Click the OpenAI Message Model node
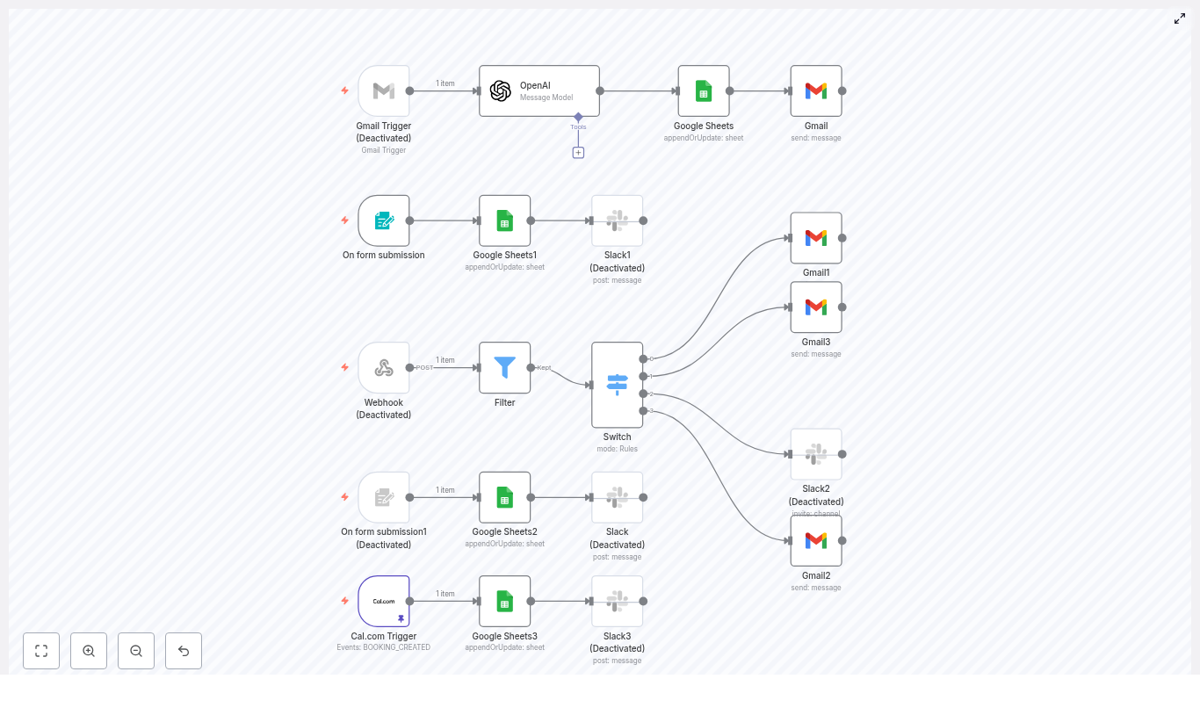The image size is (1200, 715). coord(539,90)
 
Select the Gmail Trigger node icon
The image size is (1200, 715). coord(384,90)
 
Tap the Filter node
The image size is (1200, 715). coord(504,367)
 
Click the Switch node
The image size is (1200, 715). coord(617,385)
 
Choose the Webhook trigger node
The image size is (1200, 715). coord(384,367)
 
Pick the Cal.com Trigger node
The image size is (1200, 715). coord(384,601)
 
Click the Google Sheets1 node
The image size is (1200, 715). coord(504,220)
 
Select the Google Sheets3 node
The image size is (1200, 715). coord(504,601)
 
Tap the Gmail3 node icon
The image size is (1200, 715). coord(816,307)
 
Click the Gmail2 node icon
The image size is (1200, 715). coord(816,540)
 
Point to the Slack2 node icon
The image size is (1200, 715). coord(816,454)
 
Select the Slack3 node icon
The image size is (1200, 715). coord(617,601)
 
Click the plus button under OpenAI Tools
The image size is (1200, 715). coord(578,153)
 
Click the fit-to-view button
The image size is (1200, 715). coord(41,651)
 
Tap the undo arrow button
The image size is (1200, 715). coord(184,651)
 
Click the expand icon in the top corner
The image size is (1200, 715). coord(1180,18)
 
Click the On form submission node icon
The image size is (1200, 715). coord(384,220)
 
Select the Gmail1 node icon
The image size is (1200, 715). coord(816,237)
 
